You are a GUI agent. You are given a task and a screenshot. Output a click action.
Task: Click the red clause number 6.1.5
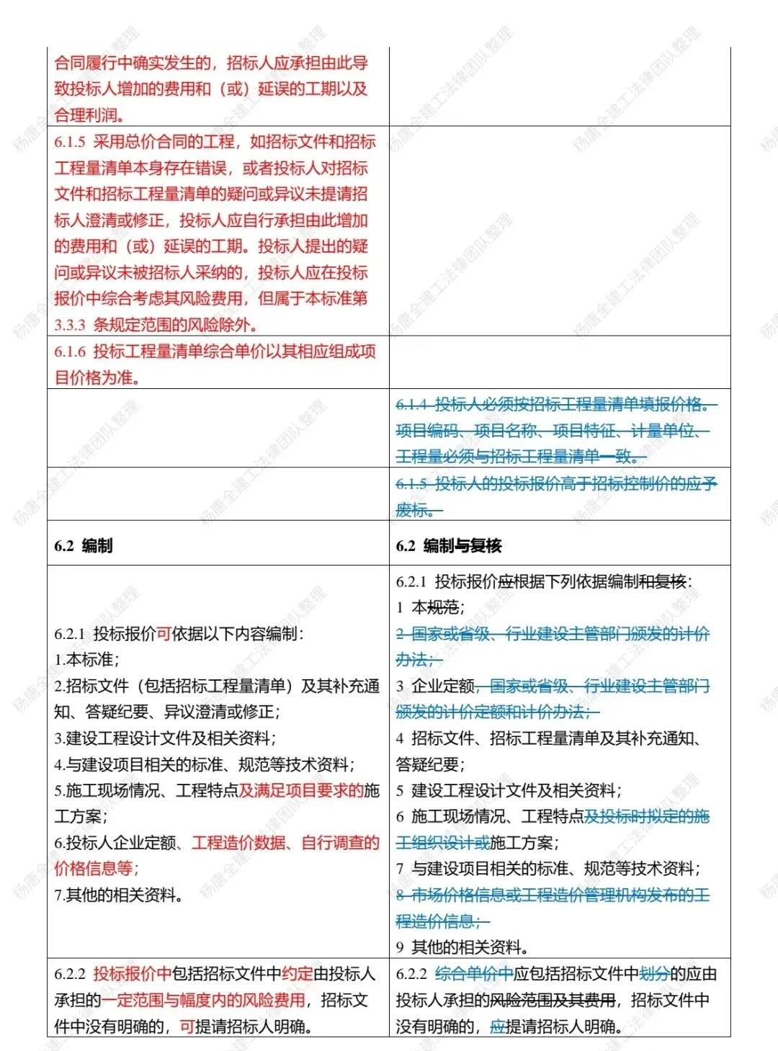(70, 142)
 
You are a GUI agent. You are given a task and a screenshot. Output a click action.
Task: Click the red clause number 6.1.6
(70, 352)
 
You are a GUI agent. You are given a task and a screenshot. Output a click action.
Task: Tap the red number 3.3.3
(70, 325)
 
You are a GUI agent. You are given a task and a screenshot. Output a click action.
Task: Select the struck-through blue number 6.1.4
(412, 405)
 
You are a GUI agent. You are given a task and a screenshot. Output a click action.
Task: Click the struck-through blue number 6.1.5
(412, 484)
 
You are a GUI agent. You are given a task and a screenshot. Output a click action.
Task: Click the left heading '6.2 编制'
(84, 546)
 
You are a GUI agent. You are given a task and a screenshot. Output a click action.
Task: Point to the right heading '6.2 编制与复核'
(448, 546)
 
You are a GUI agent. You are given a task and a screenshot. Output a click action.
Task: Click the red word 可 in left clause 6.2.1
(164, 634)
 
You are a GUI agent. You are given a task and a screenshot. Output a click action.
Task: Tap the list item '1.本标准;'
(86, 660)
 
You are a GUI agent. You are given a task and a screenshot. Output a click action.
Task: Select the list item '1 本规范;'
(430, 607)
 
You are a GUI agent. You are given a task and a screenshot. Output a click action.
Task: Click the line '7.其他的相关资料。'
(119, 895)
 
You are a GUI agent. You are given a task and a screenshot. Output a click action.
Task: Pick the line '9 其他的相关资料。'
(462, 947)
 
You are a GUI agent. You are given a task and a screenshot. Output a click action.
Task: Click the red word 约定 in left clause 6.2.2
(298, 974)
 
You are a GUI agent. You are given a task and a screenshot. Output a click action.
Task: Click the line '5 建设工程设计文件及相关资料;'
(509, 790)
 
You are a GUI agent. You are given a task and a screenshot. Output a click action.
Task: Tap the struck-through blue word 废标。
(419, 510)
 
